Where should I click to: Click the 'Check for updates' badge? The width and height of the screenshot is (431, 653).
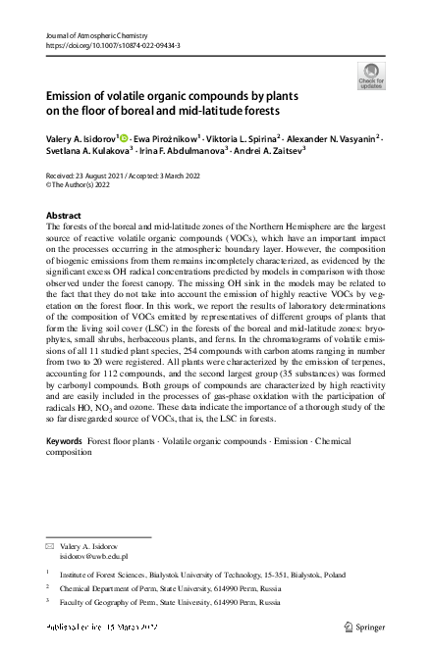371,75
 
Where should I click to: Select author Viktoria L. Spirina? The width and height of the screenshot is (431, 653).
243,139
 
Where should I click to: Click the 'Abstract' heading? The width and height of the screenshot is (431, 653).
64,215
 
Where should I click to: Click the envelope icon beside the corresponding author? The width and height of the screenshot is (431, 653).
51,544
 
